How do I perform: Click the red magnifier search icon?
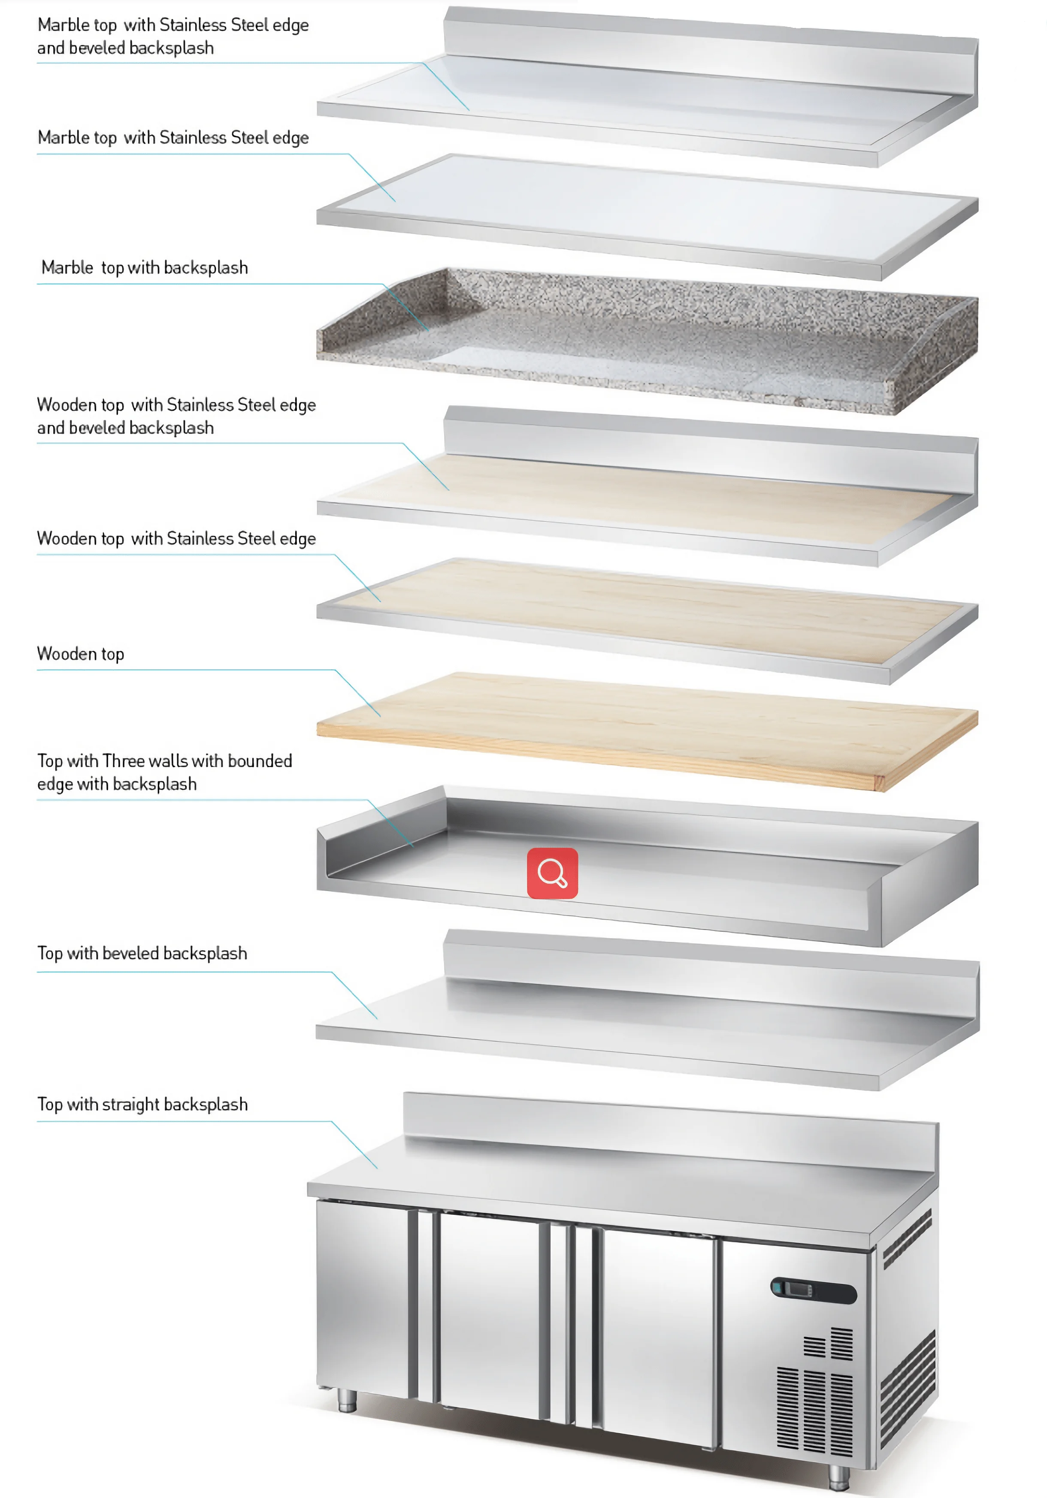click(x=552, y=873)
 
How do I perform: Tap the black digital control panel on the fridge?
click(x=813, y=1290)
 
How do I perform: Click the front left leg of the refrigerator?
click(x=347, y=1399)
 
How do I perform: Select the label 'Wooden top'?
click(x=80, y=654)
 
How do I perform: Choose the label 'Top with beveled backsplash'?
click(x=142, y=953)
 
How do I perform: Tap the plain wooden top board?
click(x=646, y=728)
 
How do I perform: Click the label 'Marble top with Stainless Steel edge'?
click(x=173, y=138)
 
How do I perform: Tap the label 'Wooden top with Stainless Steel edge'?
click(x=176, y=539)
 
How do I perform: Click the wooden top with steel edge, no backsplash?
click(x=646, y=613)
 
